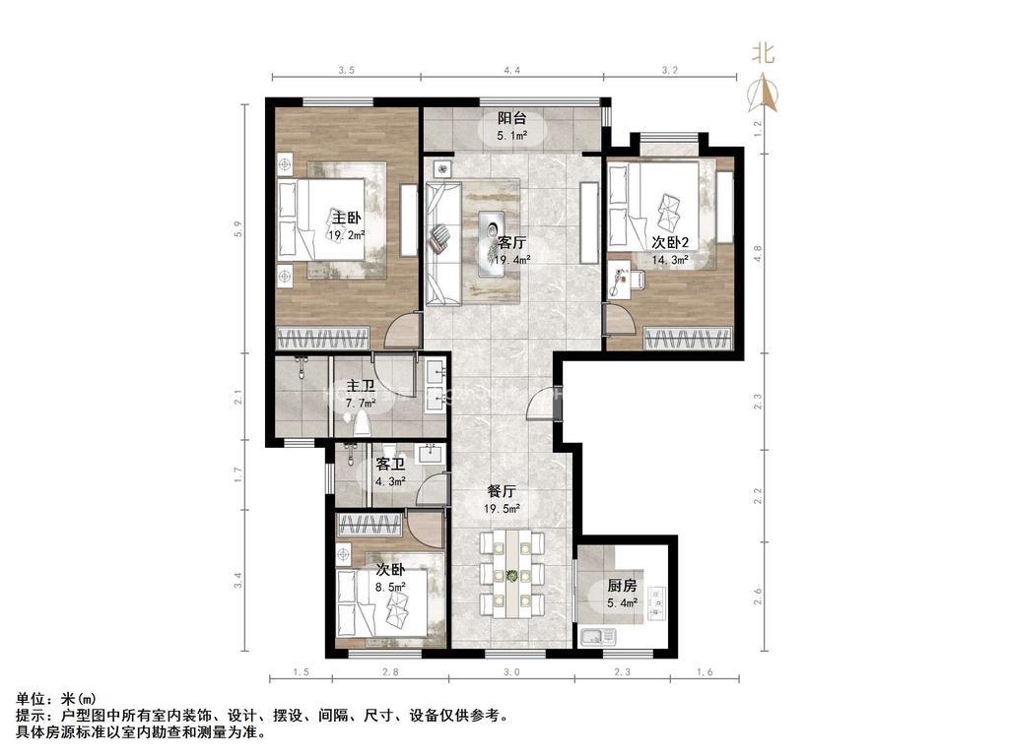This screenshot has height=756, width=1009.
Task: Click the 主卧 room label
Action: point(346,218)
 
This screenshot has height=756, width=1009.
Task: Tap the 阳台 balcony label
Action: point(512,118)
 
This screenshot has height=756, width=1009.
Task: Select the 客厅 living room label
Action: point(512,243)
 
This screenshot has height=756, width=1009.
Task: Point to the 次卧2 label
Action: point(670,242)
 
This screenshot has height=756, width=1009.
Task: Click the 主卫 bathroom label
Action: point(361,386)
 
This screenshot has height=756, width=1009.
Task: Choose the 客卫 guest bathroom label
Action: point(390,465)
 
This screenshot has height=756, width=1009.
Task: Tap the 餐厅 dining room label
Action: point(502,492)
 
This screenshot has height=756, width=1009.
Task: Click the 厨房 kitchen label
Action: point(623,586)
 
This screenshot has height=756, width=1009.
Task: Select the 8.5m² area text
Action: point(390,587)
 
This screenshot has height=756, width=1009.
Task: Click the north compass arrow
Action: point(763,93)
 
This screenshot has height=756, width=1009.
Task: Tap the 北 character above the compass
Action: point(764,53)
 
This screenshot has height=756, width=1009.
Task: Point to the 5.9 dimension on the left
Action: point(237,228)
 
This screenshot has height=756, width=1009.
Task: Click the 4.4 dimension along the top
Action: point(512,70)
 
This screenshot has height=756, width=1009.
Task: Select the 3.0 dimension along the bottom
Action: point(511,671)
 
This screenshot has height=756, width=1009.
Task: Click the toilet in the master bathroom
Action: point(362,424)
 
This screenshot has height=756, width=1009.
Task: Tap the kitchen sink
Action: point(598,637)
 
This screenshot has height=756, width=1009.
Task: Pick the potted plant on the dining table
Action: point(512,576)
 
